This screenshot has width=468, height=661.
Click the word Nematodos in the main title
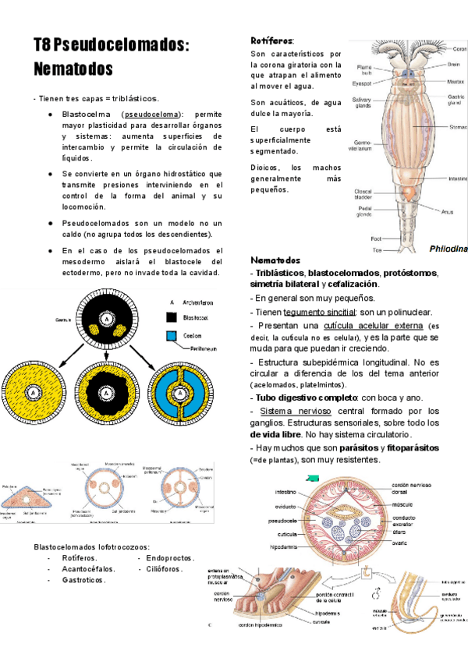click(73, 69)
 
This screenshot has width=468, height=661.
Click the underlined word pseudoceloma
click(151, 114)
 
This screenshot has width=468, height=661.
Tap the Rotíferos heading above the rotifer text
click(271, 40)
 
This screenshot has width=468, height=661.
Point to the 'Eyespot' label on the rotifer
click(360, 82)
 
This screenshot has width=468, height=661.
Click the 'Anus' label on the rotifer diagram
click(446, 210)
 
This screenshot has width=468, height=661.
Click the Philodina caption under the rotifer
click(448, 248)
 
